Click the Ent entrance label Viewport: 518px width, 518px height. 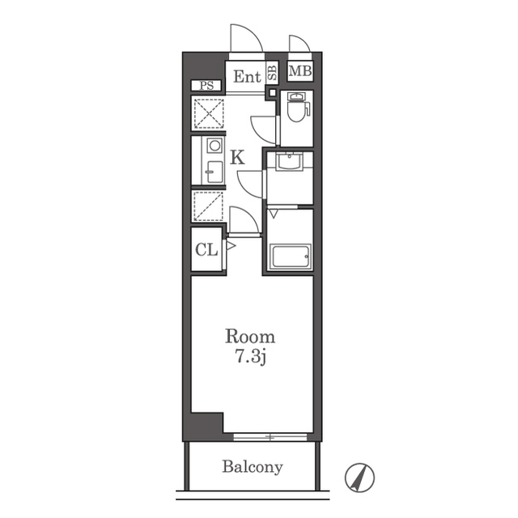coord(247,77)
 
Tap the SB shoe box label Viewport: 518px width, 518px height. coord(273,73)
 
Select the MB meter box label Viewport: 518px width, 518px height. coord(300,70)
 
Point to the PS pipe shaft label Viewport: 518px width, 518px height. coord(206,86)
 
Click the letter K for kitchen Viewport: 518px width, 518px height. coord(237,157)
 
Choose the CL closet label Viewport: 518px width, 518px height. coord(206,250)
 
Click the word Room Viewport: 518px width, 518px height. coord(250,337)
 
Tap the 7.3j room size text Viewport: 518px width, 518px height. coord(250,356)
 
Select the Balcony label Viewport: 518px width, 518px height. coord(253,467)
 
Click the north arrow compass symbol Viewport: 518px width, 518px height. coord(359,478)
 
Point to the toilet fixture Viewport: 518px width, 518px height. coord(299,108)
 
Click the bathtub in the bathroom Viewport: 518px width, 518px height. coord(291,257)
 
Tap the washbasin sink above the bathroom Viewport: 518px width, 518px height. coord(290,162)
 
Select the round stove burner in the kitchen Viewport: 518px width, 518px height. coord(214,146)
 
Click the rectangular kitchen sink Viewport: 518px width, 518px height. coord(214,172)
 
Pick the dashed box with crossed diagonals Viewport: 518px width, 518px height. coord(209,113)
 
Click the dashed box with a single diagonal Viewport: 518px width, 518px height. coord(208,206)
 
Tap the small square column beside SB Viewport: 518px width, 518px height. coord(272,92)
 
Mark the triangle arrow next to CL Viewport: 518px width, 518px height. coord(231,245)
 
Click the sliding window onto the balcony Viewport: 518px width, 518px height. coord(270,437)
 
